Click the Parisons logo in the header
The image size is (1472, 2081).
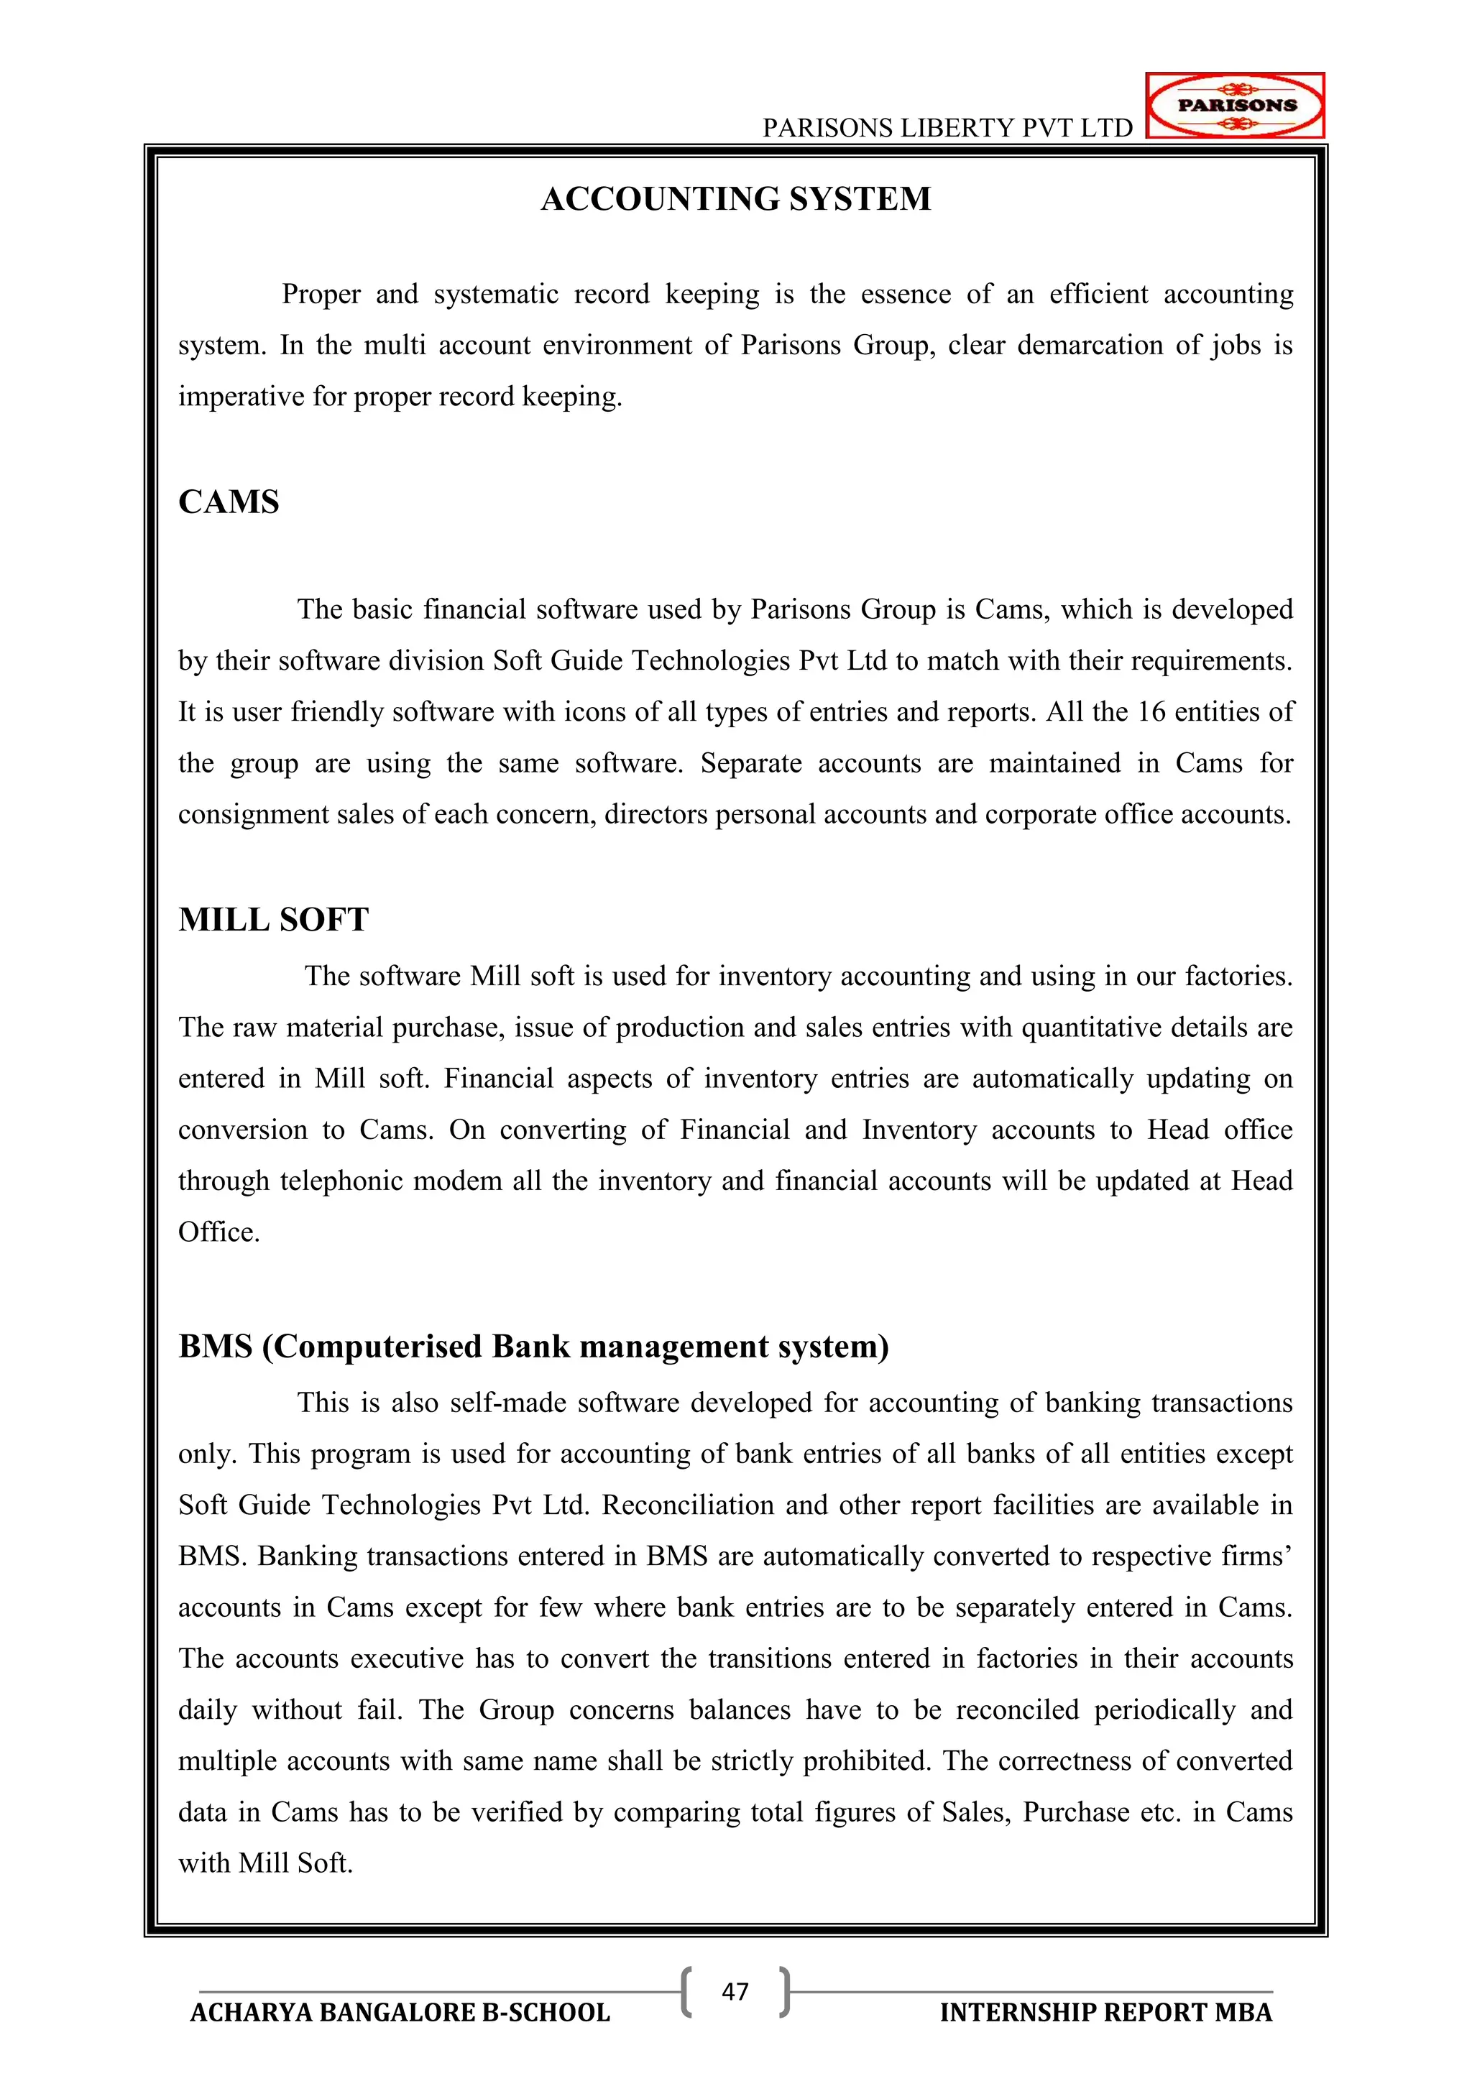(1235, 105)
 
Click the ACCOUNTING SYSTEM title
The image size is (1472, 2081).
(735, 198)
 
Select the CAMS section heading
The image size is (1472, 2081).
(229, 502)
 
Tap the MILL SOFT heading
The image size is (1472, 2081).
(273, 919)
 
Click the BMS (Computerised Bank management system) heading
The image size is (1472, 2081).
(533, 1346)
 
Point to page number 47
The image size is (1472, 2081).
(735, 1991)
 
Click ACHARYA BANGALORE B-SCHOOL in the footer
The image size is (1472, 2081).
(400, 2013)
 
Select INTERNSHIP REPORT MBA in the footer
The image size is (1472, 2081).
(1106, 2013)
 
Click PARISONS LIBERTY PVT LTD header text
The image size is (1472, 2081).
(947, 128)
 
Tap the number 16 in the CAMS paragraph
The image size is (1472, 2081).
(1151, 711)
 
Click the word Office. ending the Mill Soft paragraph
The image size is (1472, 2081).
(218, 1232)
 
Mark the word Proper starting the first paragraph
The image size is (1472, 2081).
(321, 295)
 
